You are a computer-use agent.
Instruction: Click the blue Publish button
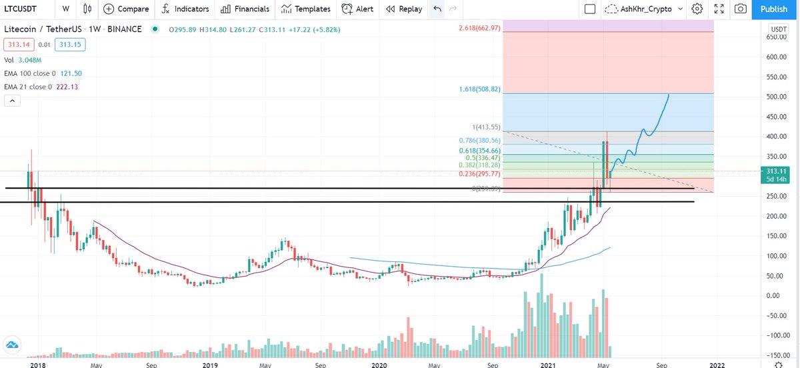tap(773, 9)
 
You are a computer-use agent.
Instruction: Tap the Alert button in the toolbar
tap(357, 9)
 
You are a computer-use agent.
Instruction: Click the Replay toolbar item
tap(404, 9)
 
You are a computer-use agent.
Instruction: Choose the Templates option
tap(305, 9)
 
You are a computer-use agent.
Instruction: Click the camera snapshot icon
tap(740, 9)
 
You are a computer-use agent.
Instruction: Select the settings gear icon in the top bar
tap(697, 9)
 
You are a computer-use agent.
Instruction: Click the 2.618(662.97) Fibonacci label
tap(479, 27)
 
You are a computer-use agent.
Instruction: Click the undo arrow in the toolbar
tap(437, 9)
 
